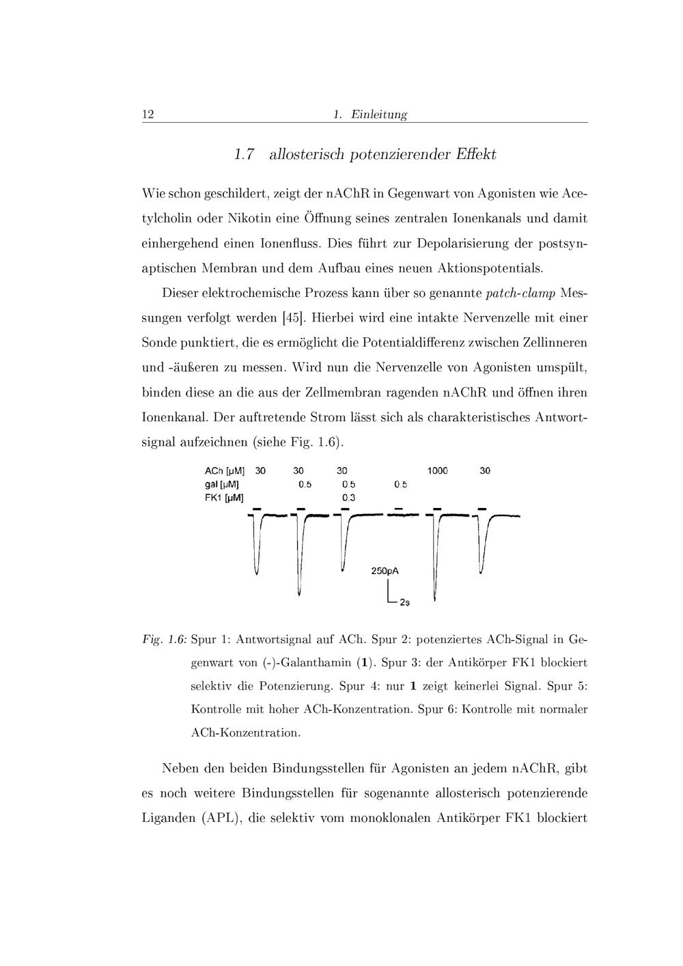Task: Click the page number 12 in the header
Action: tap(148, 114)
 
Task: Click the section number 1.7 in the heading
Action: tap(244, 154)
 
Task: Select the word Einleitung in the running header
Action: tap(379, 115)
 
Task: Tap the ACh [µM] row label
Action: tap(225, 471)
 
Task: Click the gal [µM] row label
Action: tap(221, 485)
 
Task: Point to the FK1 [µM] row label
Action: tap(224, 498)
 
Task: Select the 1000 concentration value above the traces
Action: tap(437, 471)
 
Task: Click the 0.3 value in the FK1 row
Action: tap(348, 498)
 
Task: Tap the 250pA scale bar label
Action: tap(385, 571)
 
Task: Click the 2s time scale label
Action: tap(404, 602)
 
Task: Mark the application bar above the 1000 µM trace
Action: tap(436, 509)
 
